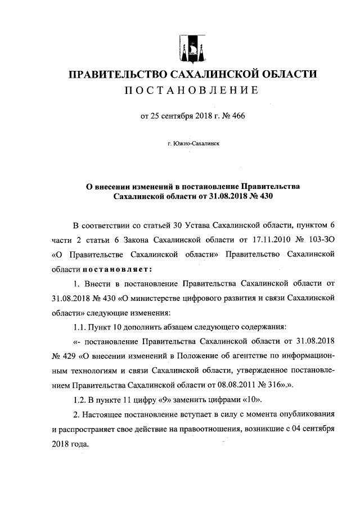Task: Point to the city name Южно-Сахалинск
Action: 193,145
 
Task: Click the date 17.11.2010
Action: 251,239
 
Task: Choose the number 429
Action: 70,357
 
